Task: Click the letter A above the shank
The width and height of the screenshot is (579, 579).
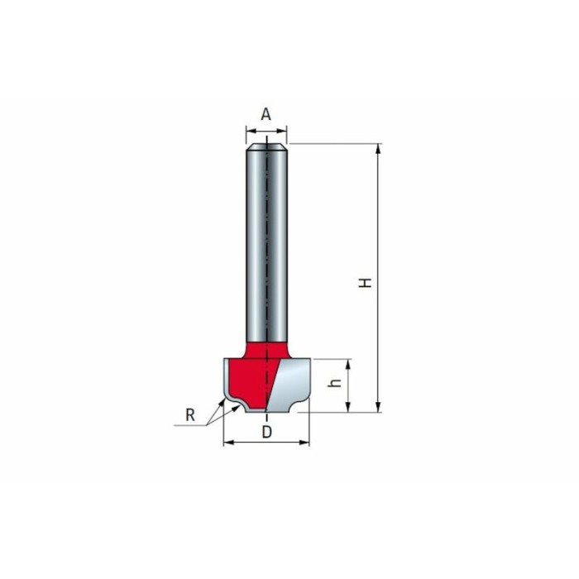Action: (266, 114)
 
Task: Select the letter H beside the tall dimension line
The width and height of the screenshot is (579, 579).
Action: (366, 283)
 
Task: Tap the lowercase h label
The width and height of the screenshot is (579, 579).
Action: (335, 384)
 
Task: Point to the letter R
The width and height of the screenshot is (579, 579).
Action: (190, 415)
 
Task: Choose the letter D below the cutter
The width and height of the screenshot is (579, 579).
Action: (266, 432)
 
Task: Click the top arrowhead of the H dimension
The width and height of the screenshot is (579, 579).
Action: (378, 148)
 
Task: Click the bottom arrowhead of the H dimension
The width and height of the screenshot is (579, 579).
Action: (378, 407)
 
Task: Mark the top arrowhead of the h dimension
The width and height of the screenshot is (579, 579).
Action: (348, 364)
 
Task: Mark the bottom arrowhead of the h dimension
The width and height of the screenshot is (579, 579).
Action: (348, 407)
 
